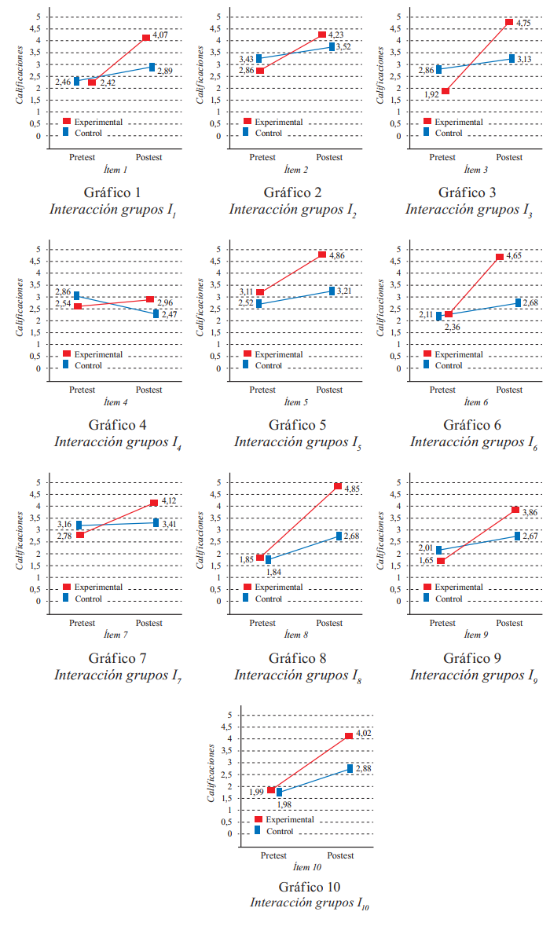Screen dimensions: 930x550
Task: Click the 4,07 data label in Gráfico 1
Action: pos(161,35)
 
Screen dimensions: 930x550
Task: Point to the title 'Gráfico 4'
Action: pos(115,425)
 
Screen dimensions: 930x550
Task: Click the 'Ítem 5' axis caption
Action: pos(295,402)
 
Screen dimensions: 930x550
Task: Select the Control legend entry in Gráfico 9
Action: pos(449,599)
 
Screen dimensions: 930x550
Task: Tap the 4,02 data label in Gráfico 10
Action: pos(364,733)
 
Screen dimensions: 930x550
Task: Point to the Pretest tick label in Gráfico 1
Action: pos(82,157)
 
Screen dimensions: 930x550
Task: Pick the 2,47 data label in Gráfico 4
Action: pos(170,314)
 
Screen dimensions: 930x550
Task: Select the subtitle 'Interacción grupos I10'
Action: pos(310,903)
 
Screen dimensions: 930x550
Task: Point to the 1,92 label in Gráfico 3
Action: pos(431,95)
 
